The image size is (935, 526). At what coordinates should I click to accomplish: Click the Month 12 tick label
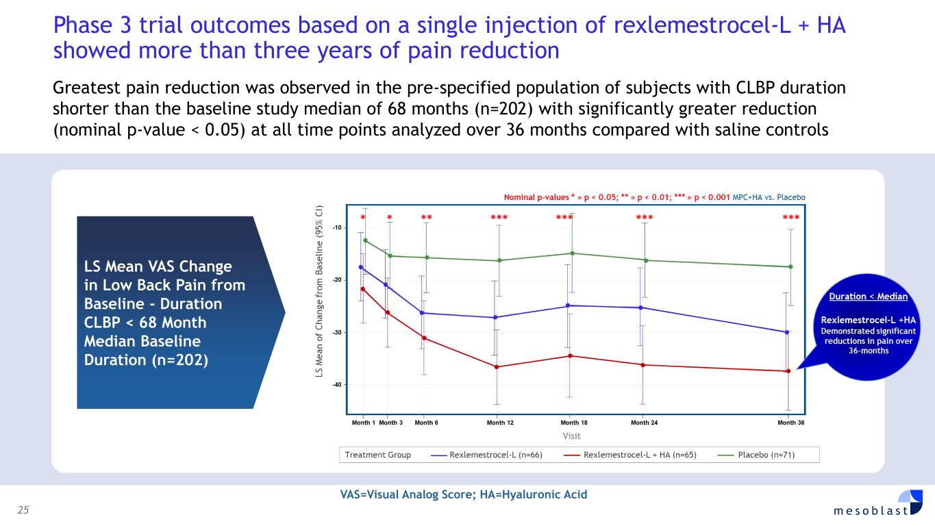500,423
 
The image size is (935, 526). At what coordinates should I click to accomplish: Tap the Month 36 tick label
791,423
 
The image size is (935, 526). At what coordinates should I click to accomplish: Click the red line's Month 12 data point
497,367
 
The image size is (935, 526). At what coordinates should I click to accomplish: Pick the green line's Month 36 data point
790,266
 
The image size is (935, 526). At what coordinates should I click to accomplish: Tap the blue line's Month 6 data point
422,313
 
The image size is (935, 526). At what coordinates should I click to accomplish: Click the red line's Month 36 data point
788,371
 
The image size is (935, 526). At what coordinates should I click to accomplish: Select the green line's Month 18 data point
573,253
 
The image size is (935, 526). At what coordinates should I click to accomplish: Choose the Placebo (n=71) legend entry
756,455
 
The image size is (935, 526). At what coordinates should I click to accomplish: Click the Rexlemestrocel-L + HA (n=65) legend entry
630,455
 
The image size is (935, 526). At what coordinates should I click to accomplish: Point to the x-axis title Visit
571,436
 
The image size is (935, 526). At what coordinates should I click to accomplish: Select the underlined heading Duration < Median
869,297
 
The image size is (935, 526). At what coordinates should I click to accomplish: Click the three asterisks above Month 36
791,218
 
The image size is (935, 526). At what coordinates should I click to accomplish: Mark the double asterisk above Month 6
426,218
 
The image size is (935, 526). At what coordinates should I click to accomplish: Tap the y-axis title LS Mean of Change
319,288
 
